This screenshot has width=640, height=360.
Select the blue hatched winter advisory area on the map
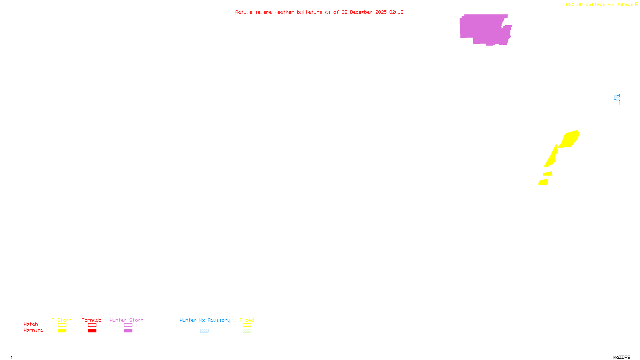tap(617, 98)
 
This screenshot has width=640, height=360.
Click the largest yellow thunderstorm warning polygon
tap(570, 139)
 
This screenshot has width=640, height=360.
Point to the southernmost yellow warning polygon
tap(543, 182)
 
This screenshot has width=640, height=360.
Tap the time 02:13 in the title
tap(396, 12)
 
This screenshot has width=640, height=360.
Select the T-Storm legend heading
tap(62, 320)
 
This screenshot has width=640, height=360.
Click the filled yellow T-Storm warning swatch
tap(62, 331)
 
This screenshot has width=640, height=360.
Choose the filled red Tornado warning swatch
tap(92, 331)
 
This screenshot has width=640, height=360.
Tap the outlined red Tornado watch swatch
tap(92, 325)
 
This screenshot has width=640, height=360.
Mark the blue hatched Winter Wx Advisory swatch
tap(204, 331)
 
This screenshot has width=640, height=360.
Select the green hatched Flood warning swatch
tap(247, 331)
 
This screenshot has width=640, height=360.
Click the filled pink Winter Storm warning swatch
tap(128, 331)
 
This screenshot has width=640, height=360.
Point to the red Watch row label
tap(31, 324)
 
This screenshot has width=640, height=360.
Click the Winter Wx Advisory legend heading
tap(205, 320)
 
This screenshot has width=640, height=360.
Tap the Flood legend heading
tap(247, 320)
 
